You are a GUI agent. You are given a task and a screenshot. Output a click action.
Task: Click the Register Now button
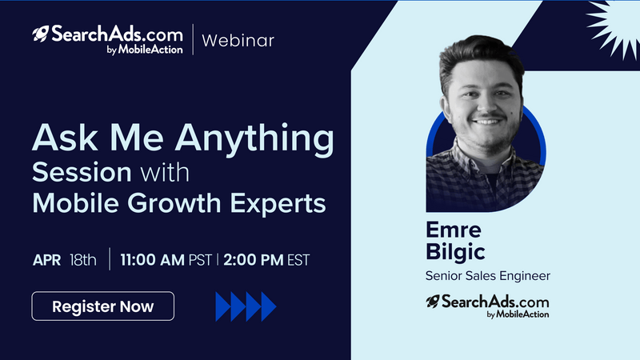(x=103, y=306)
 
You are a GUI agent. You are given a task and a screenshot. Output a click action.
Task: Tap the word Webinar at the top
(x=238, y=41)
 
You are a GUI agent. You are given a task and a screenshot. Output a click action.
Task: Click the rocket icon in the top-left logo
(x=41, y=34)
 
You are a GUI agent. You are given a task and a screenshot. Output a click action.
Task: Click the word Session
(x=82, y=172)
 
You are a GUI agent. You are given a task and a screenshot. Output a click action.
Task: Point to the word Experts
(x=278, y=203)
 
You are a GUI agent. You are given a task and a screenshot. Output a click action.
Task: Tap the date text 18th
(x=83, y=259)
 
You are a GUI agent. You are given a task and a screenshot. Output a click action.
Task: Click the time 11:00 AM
(x=152, y=259)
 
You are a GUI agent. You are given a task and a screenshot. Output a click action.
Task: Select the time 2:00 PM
(x=254, y=259)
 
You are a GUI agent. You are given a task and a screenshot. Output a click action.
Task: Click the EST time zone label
(x=298, y=260)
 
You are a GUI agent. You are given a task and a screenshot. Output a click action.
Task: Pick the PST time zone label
(x=200, y=260)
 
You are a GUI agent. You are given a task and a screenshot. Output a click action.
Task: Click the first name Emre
(x=454, y=230)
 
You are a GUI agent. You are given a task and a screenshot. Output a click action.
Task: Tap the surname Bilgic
(x=455, y=252)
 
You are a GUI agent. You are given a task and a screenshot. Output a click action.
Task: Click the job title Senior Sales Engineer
(x=488, y=276)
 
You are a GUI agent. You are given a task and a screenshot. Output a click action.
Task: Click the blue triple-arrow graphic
(x=246, y=306)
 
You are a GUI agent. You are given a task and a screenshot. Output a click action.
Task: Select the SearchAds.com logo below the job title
(x=487, y=306)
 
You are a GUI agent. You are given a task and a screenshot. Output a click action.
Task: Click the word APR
(x=46, y=260)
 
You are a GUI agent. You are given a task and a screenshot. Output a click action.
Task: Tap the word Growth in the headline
(x=174, y=203)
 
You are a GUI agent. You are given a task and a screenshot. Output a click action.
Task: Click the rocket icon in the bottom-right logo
(x=433, y=302)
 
